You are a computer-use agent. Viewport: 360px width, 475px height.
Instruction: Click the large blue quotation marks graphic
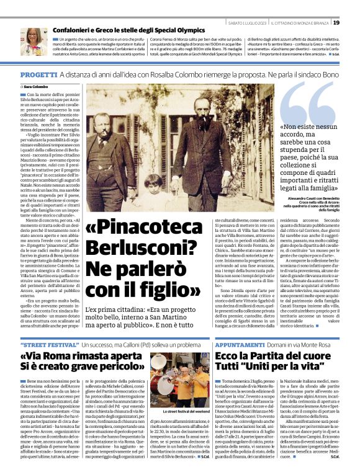[308, 102]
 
